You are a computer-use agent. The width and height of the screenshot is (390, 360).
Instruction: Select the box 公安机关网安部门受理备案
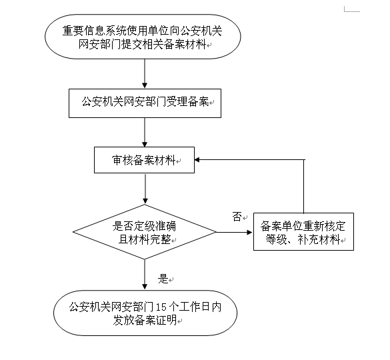145,103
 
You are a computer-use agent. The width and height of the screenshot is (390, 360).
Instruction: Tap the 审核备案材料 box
145,161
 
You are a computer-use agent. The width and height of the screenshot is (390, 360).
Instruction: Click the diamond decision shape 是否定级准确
145,232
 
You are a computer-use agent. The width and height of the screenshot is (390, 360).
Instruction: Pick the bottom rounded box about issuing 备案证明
145,313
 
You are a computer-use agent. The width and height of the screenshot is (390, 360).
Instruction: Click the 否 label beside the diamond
237,217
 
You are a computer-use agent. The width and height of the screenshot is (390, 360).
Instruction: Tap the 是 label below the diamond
163,279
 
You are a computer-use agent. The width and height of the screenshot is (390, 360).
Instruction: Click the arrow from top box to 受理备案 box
145,75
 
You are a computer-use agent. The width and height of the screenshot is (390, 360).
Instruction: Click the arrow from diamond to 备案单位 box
235,233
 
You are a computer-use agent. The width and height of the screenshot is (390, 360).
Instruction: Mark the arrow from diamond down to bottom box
145,273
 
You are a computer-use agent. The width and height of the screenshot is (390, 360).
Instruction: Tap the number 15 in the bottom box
161,307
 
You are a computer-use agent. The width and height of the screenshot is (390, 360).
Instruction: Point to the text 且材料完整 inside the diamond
143,239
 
